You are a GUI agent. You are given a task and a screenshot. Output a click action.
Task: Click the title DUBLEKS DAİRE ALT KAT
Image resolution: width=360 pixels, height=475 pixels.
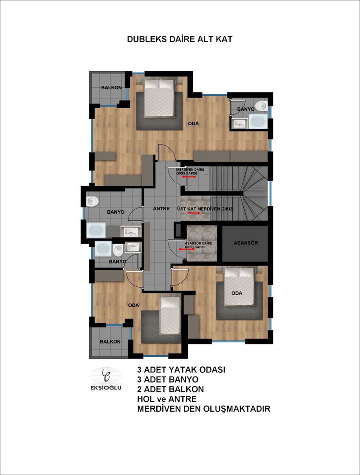(180, 39)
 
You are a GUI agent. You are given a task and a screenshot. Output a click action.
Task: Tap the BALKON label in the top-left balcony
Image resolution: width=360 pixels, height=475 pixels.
(111, 88)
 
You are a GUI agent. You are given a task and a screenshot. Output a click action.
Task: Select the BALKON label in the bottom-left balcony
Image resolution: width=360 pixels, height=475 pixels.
(110, 341)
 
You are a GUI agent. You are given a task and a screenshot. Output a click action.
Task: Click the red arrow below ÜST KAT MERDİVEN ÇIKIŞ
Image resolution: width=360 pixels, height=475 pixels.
(194, 213)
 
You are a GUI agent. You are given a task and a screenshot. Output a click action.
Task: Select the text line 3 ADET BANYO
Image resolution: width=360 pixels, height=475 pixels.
(168, 380)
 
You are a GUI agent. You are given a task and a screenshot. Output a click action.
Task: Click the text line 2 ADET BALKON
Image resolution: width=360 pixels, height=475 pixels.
(170, 389)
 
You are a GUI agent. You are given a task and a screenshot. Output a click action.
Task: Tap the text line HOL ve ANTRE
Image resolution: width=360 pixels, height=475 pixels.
(166, 399)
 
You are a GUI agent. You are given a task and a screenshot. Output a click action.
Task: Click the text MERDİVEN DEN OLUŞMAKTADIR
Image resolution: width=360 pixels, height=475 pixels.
(203, 409)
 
